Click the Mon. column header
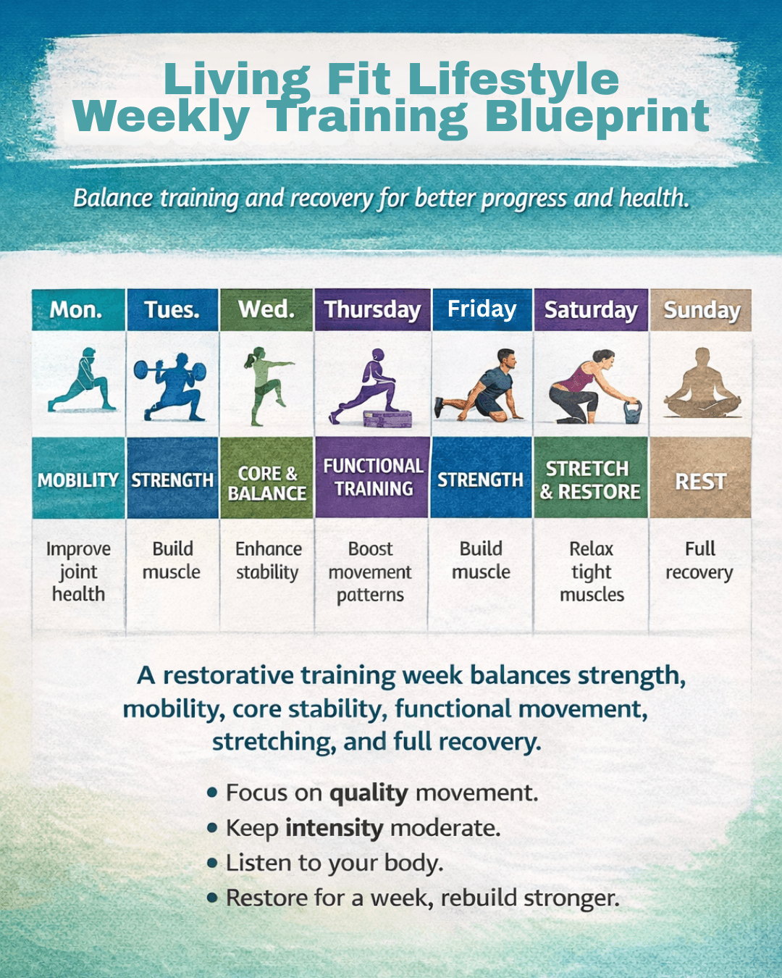78,309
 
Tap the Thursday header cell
372,309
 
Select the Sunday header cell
701,310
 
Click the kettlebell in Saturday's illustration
632,411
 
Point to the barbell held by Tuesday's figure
170,370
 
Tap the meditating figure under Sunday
702,383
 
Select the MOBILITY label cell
78,478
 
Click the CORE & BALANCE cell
266,478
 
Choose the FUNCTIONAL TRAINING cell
372,477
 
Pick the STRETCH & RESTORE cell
591,477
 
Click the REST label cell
701,478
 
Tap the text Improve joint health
78,572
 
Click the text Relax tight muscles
592,572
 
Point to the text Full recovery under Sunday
699,561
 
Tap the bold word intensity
335,829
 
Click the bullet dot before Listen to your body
211,863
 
